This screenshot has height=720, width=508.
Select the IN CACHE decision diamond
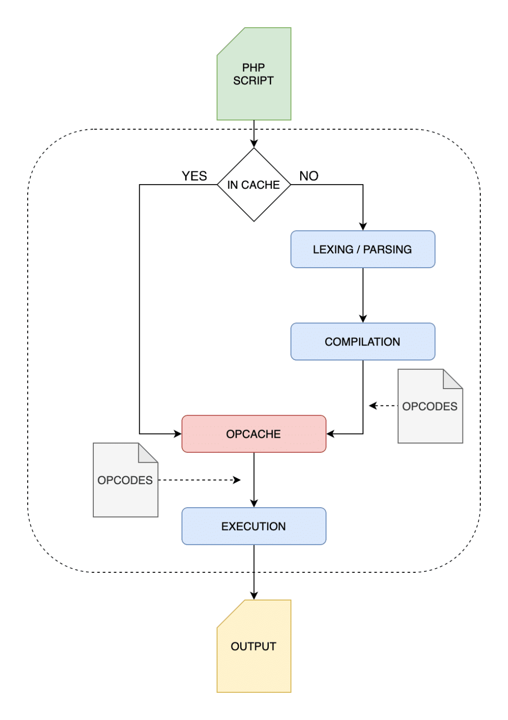[x=254, y=185]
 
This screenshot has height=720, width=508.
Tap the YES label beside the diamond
[x=194, y=176]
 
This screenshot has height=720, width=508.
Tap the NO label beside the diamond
[x=309, y=176]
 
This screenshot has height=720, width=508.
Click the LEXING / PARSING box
[x=363, y=249]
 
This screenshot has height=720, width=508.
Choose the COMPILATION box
[x=363, y=342]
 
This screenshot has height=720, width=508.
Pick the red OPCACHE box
[x=254, y=434]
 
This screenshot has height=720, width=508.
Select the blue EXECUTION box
[x=254, y=526]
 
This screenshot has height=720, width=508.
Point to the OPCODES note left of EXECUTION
[x=125, y=480]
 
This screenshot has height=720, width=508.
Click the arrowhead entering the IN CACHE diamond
[x=254, y=143]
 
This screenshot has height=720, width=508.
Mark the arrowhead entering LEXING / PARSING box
[x=363, y=226]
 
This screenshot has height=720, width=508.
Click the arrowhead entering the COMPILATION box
[x=363, y=319]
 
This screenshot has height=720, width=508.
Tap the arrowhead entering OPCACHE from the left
[x=178, y=434]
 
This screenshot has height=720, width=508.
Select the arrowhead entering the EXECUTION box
[x=254, y=503]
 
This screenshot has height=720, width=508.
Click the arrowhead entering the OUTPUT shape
[x=254, y=596]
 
